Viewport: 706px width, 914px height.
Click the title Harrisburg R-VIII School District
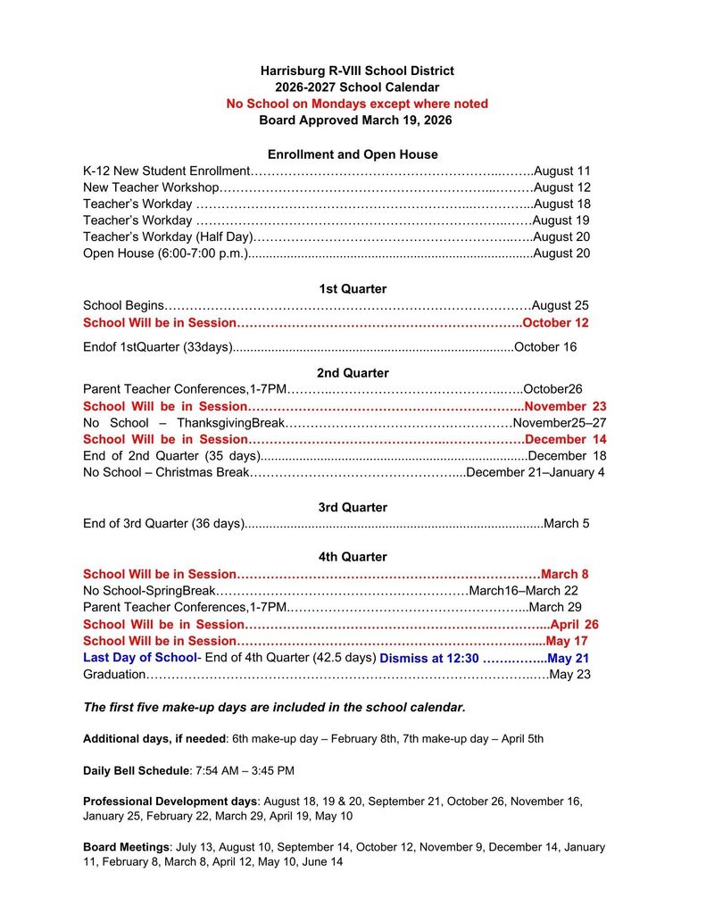click(x=357, y=71)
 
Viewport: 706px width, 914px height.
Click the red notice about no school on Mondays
click(x=357, y=104)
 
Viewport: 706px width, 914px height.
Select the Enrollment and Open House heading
click(x=353, y=154)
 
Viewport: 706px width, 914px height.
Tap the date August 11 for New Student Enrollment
click(x=561, y=170)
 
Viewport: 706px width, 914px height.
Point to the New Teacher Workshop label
click(x=151, y=187)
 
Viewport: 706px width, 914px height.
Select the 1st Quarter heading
click(x=353, y=288)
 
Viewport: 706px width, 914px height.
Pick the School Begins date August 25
click(x=561, y=305)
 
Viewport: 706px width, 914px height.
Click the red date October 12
click(x=556, y=322)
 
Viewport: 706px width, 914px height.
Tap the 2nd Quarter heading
click(x=353, y=372)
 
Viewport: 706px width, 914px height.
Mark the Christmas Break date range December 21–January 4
click(x=536, y=472)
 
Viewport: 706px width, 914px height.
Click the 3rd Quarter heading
click(x=353, y=507)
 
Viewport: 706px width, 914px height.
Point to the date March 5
click(x=567, y=524)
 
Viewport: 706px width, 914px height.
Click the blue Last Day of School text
click(x=139, y=658)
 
